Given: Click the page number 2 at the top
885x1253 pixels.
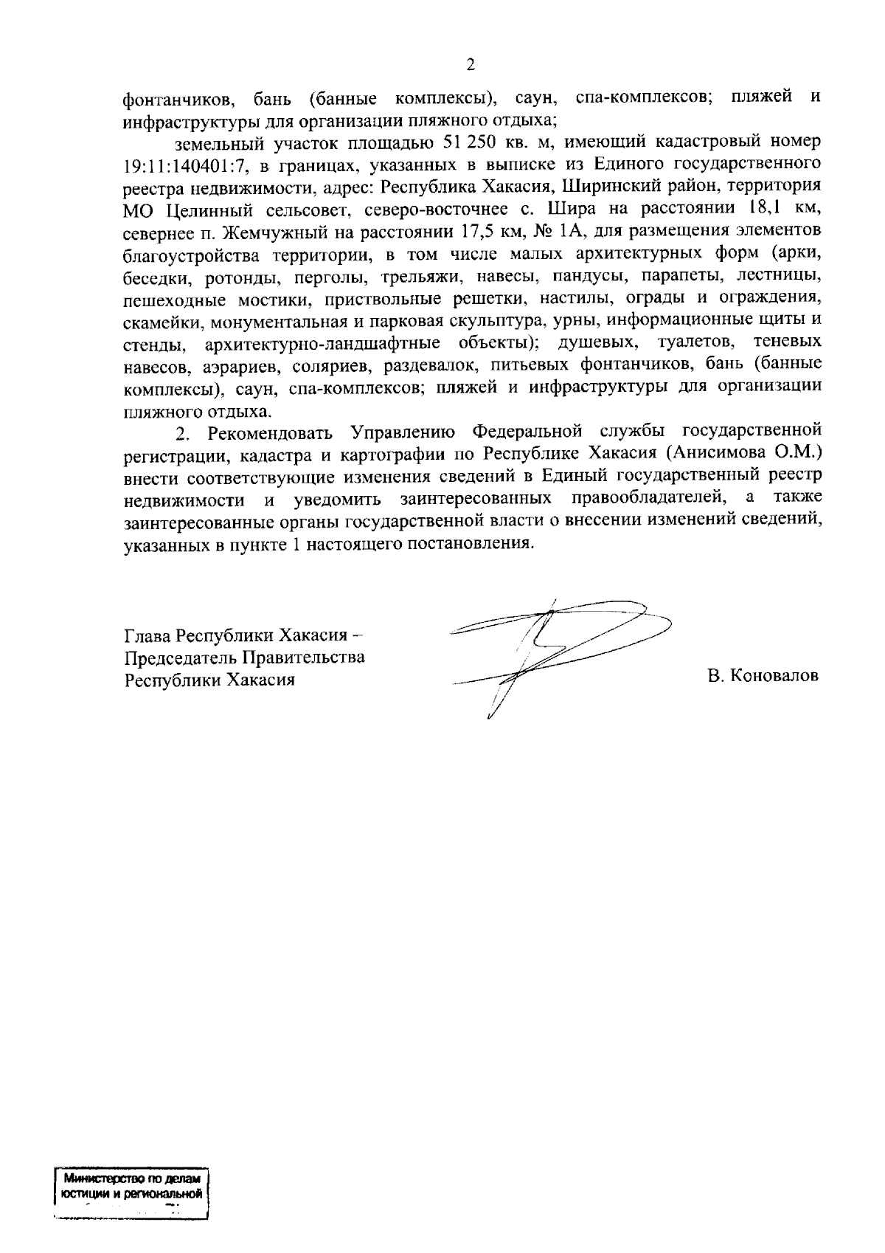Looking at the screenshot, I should tap(471, 64).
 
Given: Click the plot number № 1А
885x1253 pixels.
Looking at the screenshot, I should tap(556, 232).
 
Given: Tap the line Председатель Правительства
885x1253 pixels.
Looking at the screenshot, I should tap(244, 657).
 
